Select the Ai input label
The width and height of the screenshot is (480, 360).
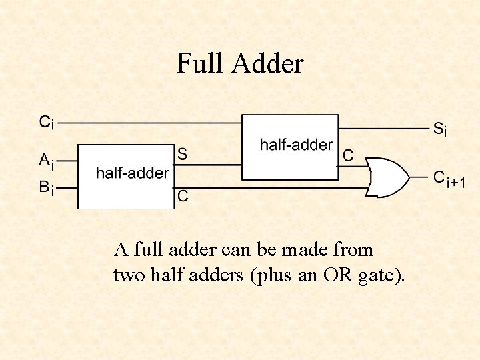point(47,161)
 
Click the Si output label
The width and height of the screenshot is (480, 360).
point(440,129)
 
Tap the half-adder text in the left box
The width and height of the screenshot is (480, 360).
point(132,173)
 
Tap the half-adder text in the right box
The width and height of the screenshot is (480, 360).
point(296,145)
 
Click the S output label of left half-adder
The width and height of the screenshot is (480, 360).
point(182,154)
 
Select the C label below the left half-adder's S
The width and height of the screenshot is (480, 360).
point(182,196)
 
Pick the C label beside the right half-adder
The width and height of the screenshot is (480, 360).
point(347,155)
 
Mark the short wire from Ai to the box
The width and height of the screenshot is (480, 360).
point(69,161)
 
